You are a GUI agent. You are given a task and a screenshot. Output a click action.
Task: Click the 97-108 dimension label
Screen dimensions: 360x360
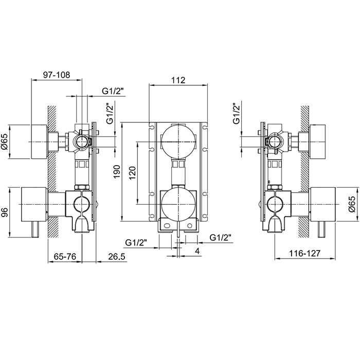tap(56, 75)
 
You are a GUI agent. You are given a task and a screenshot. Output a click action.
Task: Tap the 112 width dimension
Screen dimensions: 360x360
tap(178, 80)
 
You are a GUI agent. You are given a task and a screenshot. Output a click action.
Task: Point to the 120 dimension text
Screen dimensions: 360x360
tap(133, 173)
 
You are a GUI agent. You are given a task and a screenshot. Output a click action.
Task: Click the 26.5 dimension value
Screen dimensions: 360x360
tap(117, 257)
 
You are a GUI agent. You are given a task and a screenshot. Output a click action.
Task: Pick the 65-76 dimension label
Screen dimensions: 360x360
tap(65, 257)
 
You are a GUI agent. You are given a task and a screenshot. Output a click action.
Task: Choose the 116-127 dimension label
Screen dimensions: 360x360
tap(304, 253)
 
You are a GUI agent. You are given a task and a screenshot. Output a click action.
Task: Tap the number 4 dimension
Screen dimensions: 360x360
tap(197, 251)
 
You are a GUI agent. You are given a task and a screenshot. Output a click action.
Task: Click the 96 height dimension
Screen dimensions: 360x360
tap(5, 212)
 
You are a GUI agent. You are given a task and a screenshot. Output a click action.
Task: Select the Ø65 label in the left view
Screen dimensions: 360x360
tap(5, 141)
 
